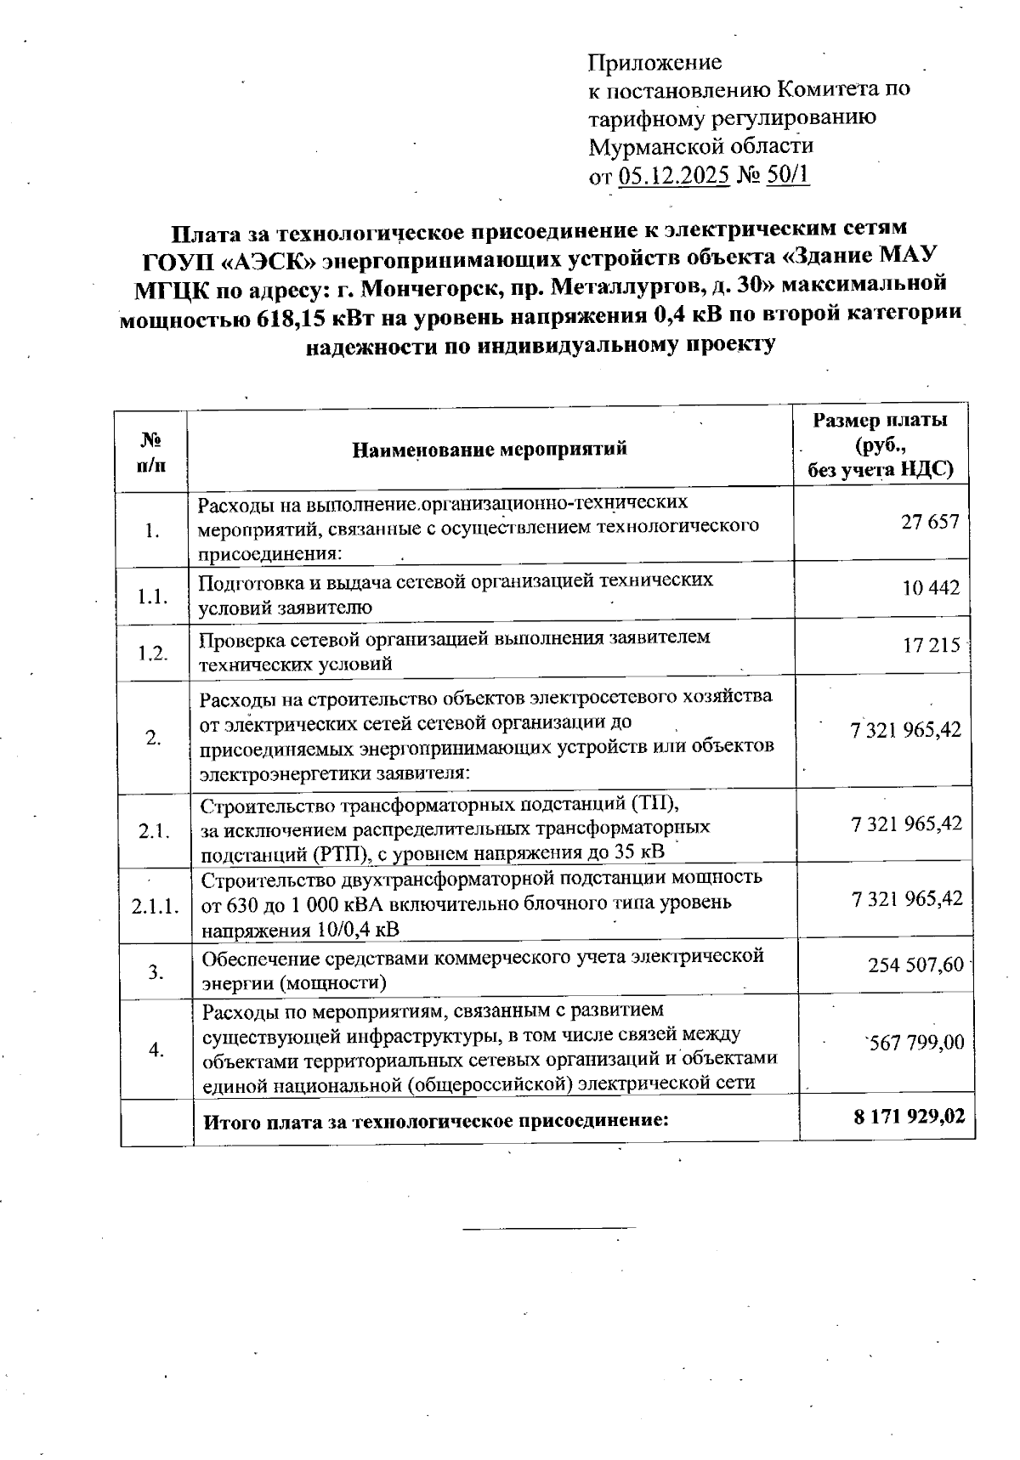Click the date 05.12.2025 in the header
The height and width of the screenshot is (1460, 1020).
click(674, 176)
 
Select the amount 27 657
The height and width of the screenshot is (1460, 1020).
click(930, 522)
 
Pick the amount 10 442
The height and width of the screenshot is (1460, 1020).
click(931, 588)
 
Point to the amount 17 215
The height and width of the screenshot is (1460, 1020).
click(931, 646)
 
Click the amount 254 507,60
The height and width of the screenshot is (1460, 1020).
click(915, 965)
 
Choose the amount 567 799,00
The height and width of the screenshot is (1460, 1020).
click(915, 1042)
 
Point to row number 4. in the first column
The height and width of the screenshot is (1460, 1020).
click(156, 1050)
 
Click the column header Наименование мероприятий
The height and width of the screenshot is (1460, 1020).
click(490, 449)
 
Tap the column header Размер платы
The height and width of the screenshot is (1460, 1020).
click(880, 421)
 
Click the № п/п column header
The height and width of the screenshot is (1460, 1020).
click(151, 451)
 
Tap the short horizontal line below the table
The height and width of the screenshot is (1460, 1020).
click(549, 1227)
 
